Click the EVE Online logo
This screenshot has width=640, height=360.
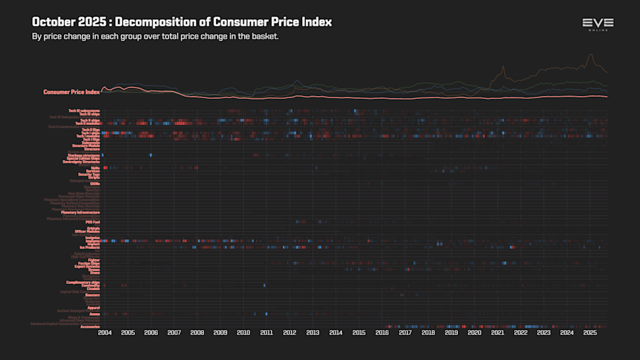tap(598, 24)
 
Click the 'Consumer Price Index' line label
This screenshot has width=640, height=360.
tap(71, 92)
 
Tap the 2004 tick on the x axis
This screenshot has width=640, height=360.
tap(105, 332)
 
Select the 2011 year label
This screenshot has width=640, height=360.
tap(267, 332)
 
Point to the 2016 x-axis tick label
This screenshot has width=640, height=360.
tap(382, 332)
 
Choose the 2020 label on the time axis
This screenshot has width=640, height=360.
tap(474, 332)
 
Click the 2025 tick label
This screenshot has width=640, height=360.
tap(590, 332)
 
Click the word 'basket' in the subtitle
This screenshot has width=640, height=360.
tap(263, 36)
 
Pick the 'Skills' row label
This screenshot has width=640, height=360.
tap(95, 168)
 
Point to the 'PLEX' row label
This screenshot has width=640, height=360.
tap(95, 177)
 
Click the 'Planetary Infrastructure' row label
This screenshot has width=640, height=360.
tap(80, 212)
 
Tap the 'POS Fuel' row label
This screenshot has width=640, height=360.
tap(93, 222)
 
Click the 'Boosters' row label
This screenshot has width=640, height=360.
tap(92, 295)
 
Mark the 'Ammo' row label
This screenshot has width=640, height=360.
tap(95, 314)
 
